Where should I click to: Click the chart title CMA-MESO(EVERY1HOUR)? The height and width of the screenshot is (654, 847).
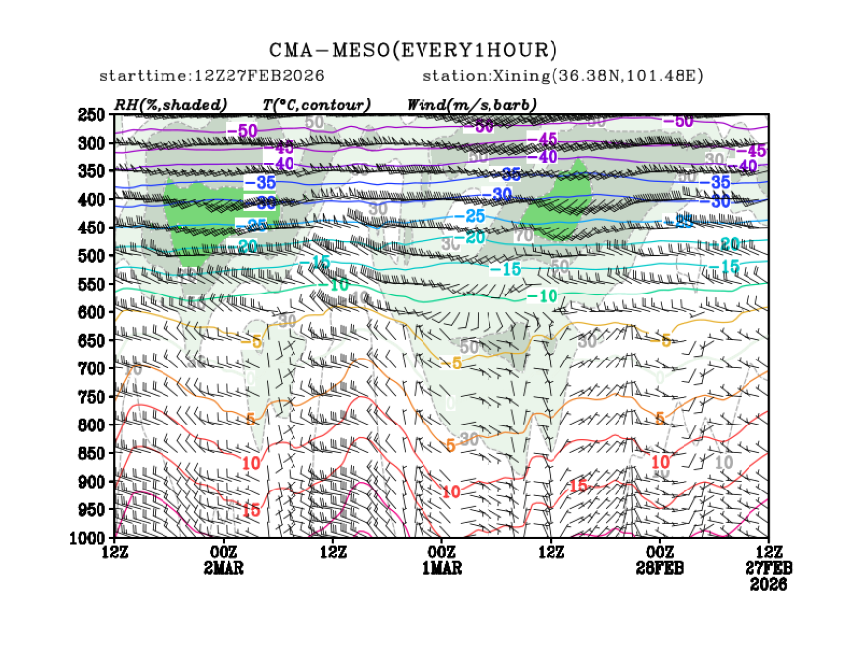(414, 50)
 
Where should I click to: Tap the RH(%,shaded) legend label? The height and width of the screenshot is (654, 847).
(169, 104)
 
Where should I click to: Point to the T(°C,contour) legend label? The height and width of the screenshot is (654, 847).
(316, 104)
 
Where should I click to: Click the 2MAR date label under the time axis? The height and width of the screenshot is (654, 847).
(224, 568)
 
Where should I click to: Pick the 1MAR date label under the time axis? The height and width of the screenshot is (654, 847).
(441, 568)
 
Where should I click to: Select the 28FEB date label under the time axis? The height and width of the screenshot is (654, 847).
(659, 568)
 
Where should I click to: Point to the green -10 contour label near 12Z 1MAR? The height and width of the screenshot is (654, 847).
(545, 296)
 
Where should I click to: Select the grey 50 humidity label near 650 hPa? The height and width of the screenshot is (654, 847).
(469, 347)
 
